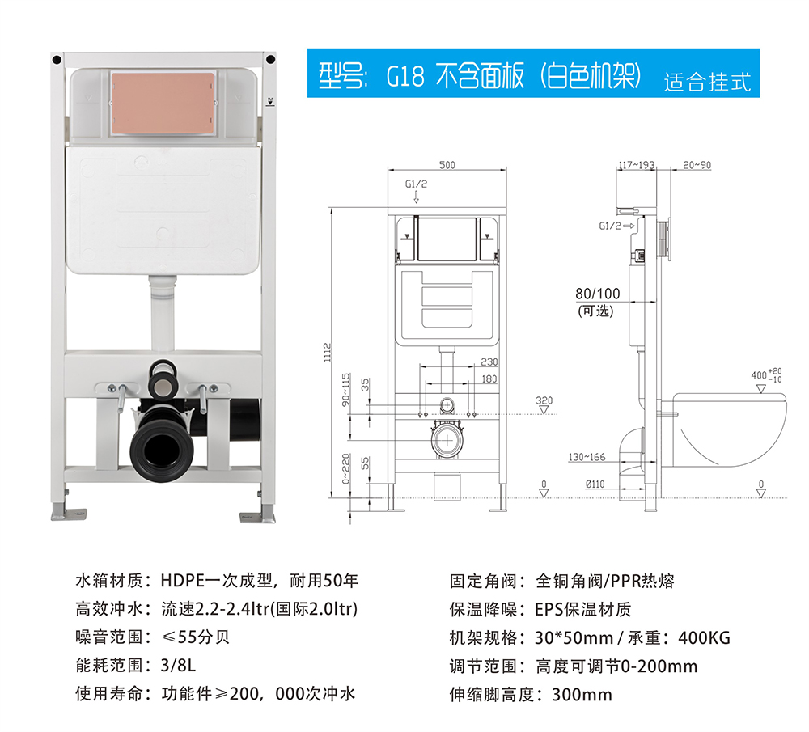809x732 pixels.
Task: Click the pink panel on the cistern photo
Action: [163, 104]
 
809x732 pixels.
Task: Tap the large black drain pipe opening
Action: [162, 448]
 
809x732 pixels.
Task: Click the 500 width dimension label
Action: [447, 164]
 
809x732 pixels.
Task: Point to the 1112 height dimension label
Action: [327, 353]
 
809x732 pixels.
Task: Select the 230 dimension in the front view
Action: [489, 362]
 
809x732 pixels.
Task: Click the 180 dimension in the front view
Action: [489, 379]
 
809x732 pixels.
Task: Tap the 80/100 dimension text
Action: [598, 294]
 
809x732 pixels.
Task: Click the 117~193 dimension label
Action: [637, 165]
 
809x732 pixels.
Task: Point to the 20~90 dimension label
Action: [697, 165]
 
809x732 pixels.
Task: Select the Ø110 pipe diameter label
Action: [595, 484]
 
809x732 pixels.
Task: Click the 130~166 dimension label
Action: [587, 457]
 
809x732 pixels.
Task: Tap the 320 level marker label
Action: [544, 400]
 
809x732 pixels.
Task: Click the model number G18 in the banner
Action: [405, 76]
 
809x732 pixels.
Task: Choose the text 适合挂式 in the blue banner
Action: [707, 82]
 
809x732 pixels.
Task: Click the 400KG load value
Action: [705, 637]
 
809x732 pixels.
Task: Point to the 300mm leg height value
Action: [582, 694]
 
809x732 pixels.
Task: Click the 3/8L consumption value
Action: [178, 665]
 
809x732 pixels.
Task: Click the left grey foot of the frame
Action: [68, 514]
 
